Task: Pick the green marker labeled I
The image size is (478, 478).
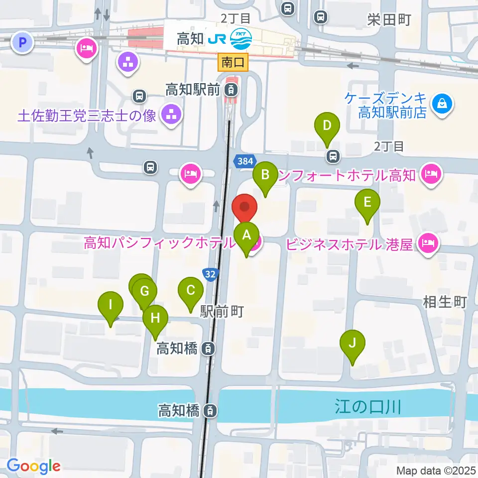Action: (x=111, y=305)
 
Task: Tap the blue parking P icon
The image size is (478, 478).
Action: (x=21, y=42)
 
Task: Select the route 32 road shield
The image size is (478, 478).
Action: (x=210, y=274)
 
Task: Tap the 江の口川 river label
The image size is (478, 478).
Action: (x=367, y=408)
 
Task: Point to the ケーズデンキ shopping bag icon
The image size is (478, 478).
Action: (x=442, y=104)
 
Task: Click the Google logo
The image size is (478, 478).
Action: (x=34, y=466)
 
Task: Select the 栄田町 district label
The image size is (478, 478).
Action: (x=389, y=20)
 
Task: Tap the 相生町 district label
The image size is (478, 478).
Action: (x=445, y=302)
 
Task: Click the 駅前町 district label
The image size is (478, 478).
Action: (x=222, y=312)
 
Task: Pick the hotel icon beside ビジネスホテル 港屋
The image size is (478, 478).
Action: (x=428, y=244)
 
